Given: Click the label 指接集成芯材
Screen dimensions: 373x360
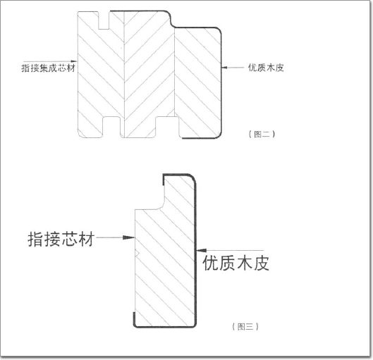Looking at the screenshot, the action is (x=48, y=68).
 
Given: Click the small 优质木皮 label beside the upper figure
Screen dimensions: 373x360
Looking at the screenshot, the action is (x=266, y=68).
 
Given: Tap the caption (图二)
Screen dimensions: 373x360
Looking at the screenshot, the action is (x=262, y=135).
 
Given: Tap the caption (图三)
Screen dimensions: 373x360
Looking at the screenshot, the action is (x=245, y=326).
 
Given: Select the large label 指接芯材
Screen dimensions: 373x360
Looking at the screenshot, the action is (x=61, y=239).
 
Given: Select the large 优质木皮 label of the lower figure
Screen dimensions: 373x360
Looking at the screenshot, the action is (x=236, y=263).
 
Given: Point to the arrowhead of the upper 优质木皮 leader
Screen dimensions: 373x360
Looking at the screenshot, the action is (x=224, y=68).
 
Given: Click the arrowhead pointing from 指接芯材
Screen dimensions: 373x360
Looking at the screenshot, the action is (x=129, y=237).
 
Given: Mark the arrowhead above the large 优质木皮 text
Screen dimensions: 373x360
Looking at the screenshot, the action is (x=201, y=250).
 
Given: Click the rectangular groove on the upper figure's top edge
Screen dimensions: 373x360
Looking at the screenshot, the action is (x=104, y=20).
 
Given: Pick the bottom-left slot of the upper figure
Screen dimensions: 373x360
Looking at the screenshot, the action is (x=111, y=127).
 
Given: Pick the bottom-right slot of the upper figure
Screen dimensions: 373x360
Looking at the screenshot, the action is (x=167, y=127).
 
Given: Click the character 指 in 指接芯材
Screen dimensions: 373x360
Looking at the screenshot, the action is (x=36, y=239).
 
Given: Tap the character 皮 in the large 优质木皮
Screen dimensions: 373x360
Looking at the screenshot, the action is (x=261, y=263).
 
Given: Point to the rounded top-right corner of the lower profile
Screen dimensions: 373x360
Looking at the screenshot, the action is (x=192, y=178).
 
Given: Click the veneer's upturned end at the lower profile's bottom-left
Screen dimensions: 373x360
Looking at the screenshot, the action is (x=134, y=319).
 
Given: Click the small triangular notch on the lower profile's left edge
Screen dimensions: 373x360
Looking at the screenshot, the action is (x=137, y=254).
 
